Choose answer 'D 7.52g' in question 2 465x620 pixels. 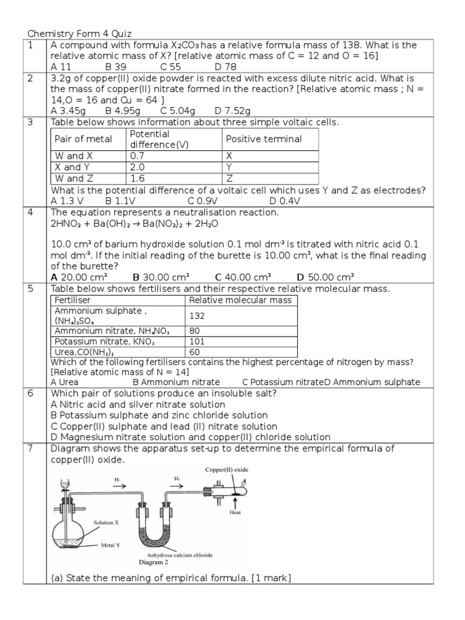(232, 111)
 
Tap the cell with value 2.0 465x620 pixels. (137, 167)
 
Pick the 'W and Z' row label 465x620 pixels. (73, 178)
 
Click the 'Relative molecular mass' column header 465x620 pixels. (240, 300)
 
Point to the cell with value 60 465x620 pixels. (195, 352)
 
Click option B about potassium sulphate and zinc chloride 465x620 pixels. (159, 415)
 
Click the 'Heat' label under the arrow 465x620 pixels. (236, 512)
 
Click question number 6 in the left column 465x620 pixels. (30, 394)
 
